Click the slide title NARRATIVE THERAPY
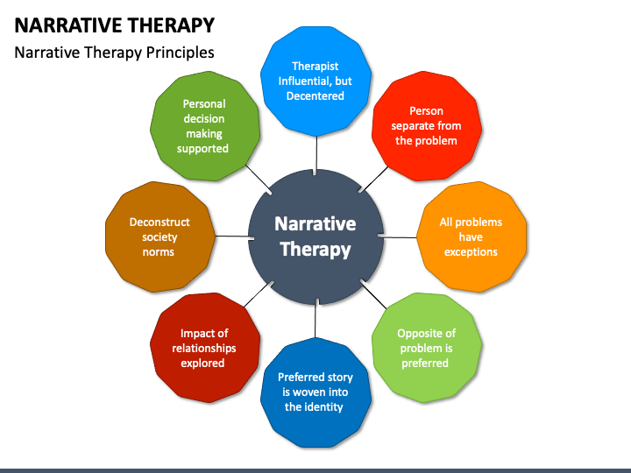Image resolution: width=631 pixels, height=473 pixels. pyautogui.click(x=115, y=25)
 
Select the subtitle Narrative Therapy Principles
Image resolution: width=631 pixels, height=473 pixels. pyautogui.click(x=114, y=53)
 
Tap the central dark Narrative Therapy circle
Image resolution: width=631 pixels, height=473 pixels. pyautogui.click(x=315, y=236)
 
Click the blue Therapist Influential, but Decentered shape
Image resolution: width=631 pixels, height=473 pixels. pyautogui.click(x=315, y=81)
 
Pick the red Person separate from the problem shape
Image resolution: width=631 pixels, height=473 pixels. pyautogui.click(x=427, y=126)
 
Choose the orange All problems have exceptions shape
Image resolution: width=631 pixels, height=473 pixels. pyautogui.click(x=471, y=236)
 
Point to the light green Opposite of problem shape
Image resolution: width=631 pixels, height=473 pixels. pyautogui.click(x=427, y=348)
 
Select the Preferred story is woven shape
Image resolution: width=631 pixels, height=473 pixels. pyautogui.click(x=315, y=392)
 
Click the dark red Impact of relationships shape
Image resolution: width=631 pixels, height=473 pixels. pyautogui.click(x=205, y=348)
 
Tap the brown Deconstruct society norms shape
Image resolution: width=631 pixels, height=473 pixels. pyautogui.click(x=160, y=236)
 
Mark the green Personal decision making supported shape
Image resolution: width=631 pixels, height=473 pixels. pyautogui.click(x=205, y=126)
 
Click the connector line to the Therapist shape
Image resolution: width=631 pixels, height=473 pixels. pyautogui.click(x=316, y=154)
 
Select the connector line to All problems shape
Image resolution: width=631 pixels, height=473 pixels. pyautogui.click(x=400, y=237)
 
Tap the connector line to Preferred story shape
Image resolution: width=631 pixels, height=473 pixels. pyautogui.click(x=315, y=321)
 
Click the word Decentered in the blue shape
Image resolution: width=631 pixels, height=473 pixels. pyautogui.click(x=315, y=95)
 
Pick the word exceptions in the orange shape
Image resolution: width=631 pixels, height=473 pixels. pyautogui.click(x=471, y=252)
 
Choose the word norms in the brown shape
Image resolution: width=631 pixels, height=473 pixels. pyautogui.click(x=159, y=252)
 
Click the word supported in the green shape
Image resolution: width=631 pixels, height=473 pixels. pyautogui.click(x=202, y=149)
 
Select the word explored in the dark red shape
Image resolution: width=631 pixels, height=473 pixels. pyautogui.click(x=202, y=364)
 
